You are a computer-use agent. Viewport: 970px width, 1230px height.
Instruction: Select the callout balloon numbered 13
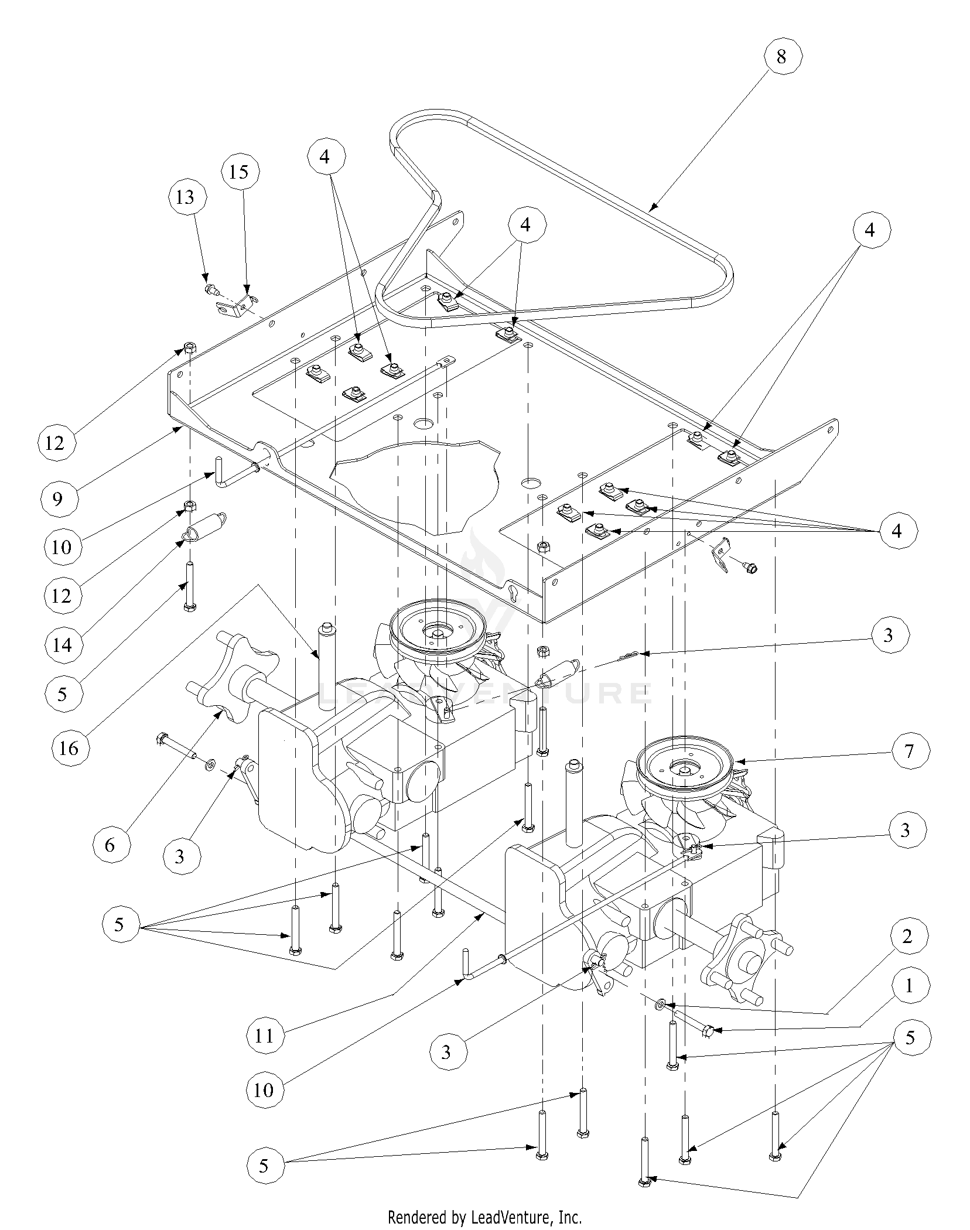coord(185,197)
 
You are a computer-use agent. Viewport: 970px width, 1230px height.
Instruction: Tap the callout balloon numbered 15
coord(239,172)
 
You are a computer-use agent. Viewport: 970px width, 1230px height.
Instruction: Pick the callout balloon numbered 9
coord(57,498)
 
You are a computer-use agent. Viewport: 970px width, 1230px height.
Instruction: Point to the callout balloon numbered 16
coord(69,747)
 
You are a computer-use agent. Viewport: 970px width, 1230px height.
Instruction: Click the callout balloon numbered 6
coord(110,844)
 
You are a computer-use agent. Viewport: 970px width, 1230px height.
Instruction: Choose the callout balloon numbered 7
coord(908,750)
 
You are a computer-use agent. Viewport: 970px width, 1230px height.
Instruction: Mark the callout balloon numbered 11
coord(264,1036)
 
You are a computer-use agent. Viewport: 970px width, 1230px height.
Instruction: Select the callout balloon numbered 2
coord(907,936)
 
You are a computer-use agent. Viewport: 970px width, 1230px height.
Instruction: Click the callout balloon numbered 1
coord(908,986)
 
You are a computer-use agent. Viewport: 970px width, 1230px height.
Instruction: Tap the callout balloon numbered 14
coord(62,645)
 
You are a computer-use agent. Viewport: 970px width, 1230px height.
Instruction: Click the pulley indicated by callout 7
coord(683,764)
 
